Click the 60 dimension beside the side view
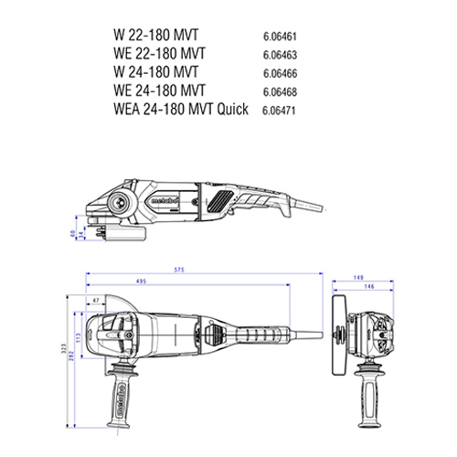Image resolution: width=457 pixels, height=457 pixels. click(72, 233)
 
